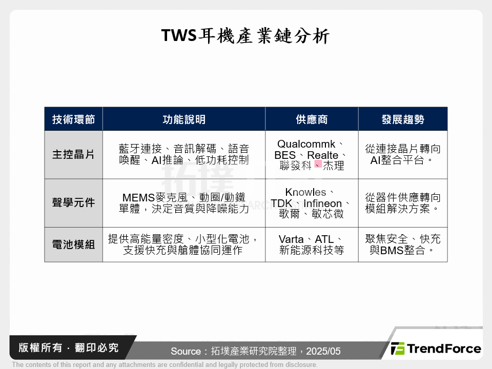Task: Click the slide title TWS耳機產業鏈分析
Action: (x=245, y=36)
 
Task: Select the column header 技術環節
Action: (x=73, y=119)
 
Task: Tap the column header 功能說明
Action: (x=183, y=119)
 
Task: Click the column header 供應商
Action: (x=311, y=119)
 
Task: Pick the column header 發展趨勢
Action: (x=402, y=119)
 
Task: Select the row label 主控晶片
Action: (x=73, y=154)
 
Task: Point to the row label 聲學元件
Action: (x=73, y=202)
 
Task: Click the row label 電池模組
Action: (x=73, y=244)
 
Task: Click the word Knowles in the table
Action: (x=305, y=192)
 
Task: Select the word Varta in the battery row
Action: (x=291, y=239)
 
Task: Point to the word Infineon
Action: (x=322, y=203)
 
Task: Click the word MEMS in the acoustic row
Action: (x=135, y=198)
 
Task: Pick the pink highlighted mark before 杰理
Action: (x=318, y=164)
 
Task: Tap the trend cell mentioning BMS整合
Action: (x=402, y=245)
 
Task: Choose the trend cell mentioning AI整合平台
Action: (x=402, y=154)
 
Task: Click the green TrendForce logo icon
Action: (x=397, y=349)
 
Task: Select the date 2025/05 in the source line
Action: (x=323, y=352)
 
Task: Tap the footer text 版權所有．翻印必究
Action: (x=69, y=348)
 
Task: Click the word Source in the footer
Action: (x=186, y=352)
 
